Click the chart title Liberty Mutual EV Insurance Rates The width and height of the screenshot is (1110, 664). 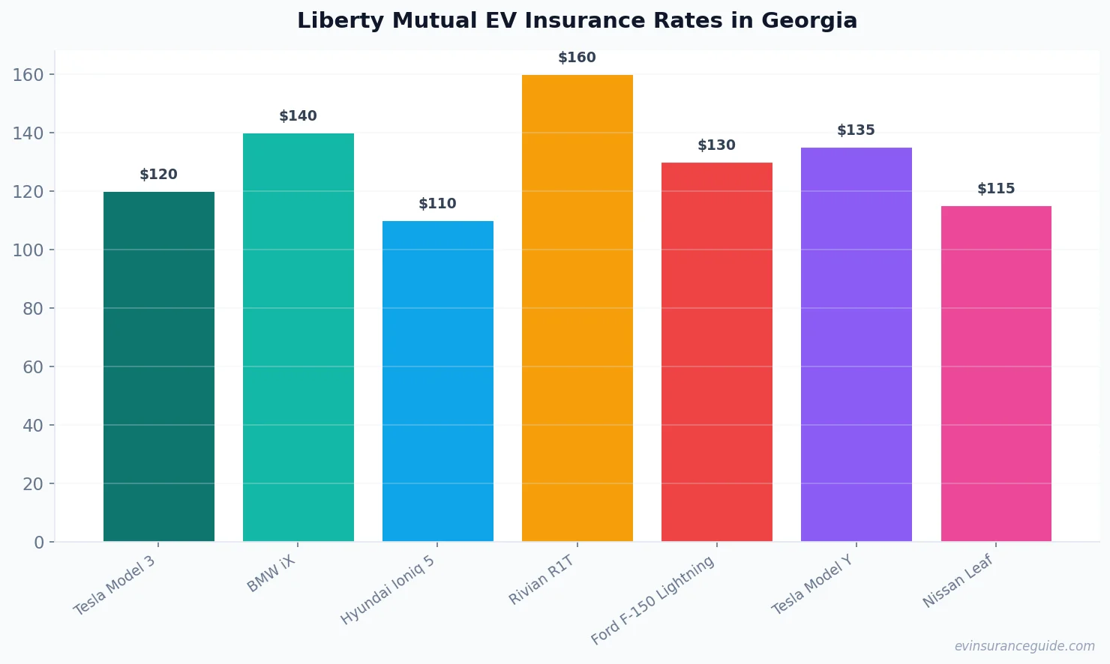click(x=577, y=20)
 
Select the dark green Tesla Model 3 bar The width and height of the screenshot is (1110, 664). click(x=159, y=366)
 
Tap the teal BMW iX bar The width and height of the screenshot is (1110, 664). click(x=298, y=337)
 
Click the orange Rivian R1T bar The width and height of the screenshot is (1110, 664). click(x=577, y=308)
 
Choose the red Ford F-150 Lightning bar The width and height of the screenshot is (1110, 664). click(x=717, y=351)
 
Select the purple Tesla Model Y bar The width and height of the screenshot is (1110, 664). click(x=856, y=344)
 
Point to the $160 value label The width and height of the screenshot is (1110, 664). click(x=577, y=58)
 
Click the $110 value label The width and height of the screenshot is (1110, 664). click(x=437, y=204)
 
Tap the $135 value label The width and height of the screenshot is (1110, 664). click(x=856, y=130)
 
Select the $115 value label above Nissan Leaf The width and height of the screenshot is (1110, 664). click(x=996, y=189)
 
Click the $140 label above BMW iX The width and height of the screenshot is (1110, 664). click(x=298, y=116)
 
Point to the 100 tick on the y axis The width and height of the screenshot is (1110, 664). click(x=28, y=250)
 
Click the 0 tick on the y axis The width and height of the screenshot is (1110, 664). click(x=39, y=543)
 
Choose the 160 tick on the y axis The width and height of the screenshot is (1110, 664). click(x=28, y=75)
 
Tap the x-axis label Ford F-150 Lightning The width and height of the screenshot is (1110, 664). click(x=652, y=600)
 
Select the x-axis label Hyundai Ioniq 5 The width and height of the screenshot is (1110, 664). click(x=388, y=590)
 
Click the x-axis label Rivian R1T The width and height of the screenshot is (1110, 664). click(x=541, y=580)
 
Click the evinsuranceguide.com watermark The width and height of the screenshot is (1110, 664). click(x=1024, y=646)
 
